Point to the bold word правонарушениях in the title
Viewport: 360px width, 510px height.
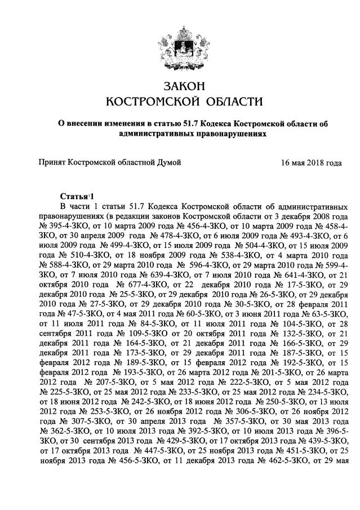(x=225, y=134)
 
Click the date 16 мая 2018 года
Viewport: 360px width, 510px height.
(x=312, y=163)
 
